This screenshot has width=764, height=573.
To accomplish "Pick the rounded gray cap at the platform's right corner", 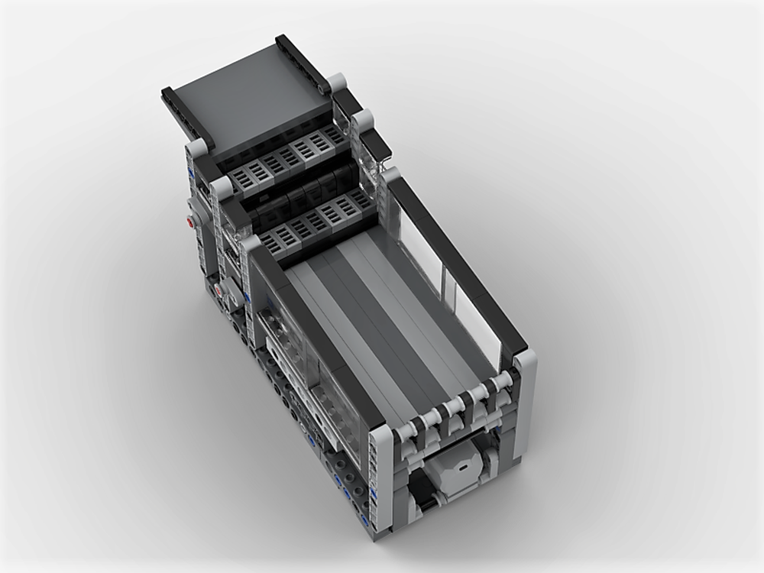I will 337,82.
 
